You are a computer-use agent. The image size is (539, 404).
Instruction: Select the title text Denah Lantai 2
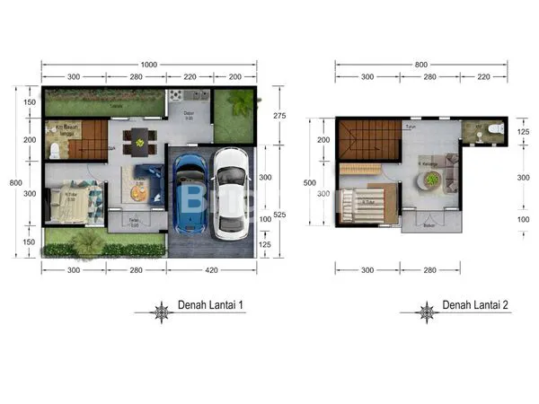click(x=475, y=306)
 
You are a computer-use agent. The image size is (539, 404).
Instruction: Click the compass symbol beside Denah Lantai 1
click(x=163, y=312)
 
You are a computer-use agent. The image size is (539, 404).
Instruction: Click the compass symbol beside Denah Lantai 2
click(x=426, y=312)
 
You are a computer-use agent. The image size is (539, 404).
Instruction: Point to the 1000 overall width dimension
click(x=149, y=64)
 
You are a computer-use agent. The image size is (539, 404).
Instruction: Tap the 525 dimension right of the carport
click(x=279, y=215)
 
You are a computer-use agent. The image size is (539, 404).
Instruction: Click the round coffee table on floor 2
click(x=432, y=180)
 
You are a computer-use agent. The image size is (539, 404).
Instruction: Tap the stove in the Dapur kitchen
click(x=176, y=95)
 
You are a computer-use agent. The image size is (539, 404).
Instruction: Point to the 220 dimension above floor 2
click(x=484, y=77)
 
